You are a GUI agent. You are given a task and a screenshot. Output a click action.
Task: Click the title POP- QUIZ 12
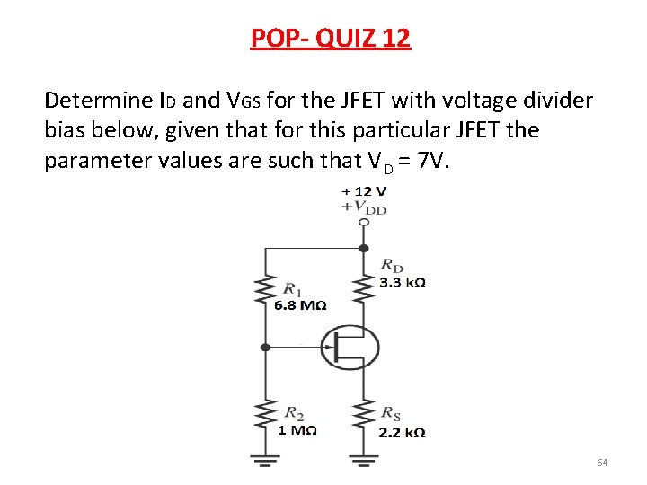point(330,38)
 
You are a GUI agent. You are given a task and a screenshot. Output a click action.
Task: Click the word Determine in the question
point(97,99)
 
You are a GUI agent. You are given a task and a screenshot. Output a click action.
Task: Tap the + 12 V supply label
point(363,190)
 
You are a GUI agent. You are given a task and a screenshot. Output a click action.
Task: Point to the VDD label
point(365,207)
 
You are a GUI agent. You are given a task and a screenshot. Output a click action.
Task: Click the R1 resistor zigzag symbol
point(264,293)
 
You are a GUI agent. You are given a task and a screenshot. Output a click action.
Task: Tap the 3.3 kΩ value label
point(402,282)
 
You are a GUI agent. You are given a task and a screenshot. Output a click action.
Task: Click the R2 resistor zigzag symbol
point(264,415)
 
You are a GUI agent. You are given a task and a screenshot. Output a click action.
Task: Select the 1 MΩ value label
point(297,429)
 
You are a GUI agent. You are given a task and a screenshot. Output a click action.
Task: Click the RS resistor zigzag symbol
point(363,415)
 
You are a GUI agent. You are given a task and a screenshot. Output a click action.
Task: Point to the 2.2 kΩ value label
point(402,431)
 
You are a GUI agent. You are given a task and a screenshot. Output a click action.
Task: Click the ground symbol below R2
point(264,463)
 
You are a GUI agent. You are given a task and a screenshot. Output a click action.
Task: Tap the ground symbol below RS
point(363,463)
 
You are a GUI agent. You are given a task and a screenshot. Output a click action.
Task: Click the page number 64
point(602,463)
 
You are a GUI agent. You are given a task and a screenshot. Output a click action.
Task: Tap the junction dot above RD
point(363,248)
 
